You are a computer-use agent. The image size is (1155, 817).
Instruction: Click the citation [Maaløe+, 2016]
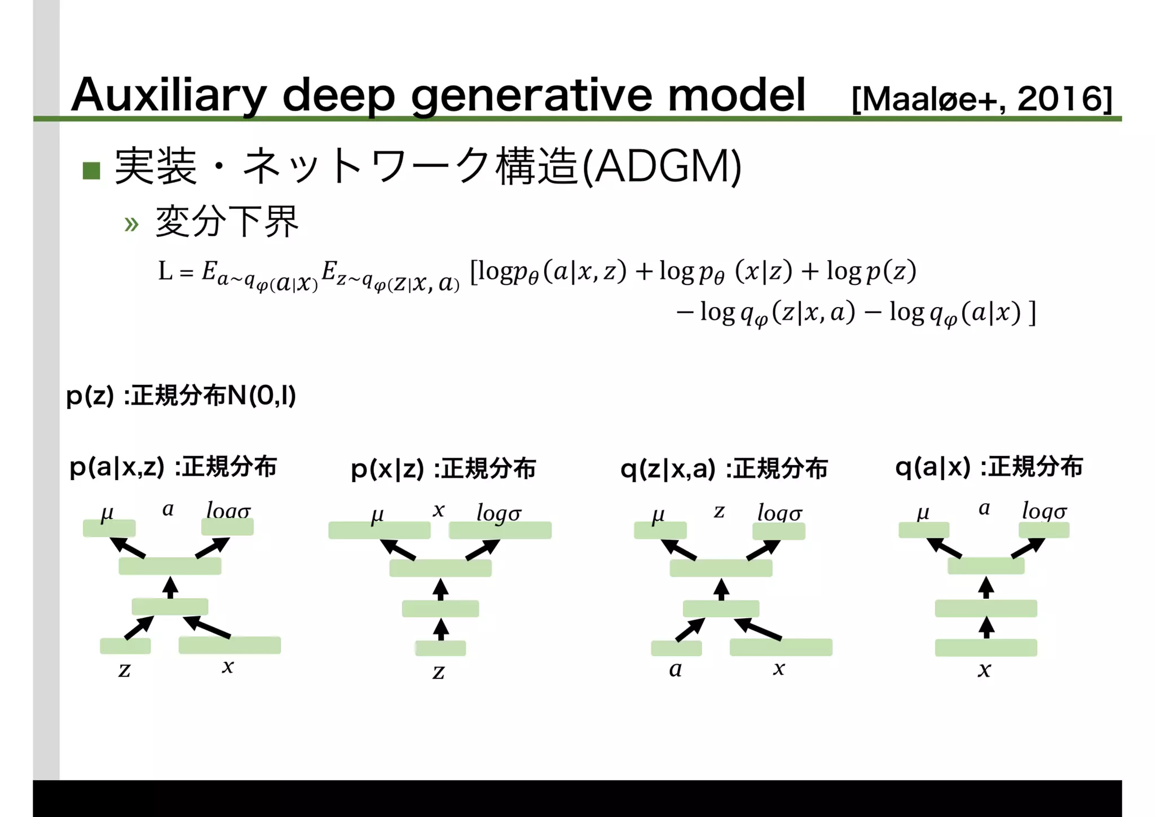pos(981,99)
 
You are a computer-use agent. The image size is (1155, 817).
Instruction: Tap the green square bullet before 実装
pos(91,170)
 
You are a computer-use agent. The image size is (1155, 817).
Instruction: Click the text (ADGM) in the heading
pos(661,167)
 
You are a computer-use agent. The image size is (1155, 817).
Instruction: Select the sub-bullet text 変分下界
pos(227,221)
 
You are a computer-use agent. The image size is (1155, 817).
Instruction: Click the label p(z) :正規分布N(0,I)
pos(180,396)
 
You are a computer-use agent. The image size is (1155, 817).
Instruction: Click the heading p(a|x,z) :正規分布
pos(173,467)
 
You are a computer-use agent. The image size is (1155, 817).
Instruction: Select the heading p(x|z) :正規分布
pos(443,469)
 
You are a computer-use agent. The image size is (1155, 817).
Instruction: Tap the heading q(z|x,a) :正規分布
pos(724,469)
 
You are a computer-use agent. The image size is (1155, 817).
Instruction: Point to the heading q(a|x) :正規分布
pos(989,467)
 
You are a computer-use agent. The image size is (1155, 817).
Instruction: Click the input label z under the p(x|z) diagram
pos(439,671)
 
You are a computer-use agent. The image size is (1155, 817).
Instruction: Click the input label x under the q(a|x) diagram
pos(985,670)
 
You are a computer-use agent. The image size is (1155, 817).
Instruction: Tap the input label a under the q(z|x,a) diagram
pos(676,669)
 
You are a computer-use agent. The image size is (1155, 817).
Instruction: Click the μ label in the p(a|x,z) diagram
pos(107,513)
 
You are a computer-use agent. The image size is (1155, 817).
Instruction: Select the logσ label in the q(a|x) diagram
pos(1044,511)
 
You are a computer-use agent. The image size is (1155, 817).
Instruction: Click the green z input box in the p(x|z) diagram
pos(440,648)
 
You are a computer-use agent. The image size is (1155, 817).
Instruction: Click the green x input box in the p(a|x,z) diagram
pos(230,645)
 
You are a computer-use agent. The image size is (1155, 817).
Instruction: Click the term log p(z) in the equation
pos(871,271)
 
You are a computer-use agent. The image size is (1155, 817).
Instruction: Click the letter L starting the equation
pos(165,271)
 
